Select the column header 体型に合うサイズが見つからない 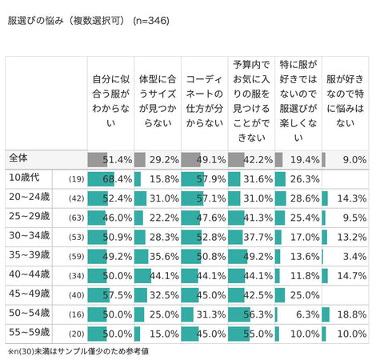(156, 101)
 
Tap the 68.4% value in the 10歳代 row (118, 178)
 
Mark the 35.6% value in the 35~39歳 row (164, 258)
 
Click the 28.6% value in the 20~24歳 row (306, 198)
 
